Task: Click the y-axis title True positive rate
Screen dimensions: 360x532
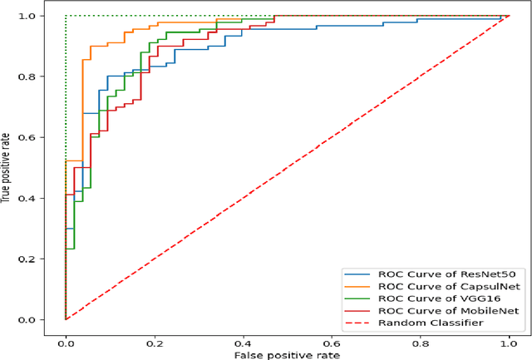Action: [7, 166]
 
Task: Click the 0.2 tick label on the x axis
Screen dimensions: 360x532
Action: [154, 339]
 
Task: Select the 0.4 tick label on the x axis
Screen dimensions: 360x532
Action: [243, 339]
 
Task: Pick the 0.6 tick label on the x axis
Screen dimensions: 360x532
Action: [331, 339]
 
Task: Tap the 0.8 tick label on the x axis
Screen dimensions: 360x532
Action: [420, 339]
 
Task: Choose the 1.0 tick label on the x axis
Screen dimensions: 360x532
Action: [508, 339]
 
